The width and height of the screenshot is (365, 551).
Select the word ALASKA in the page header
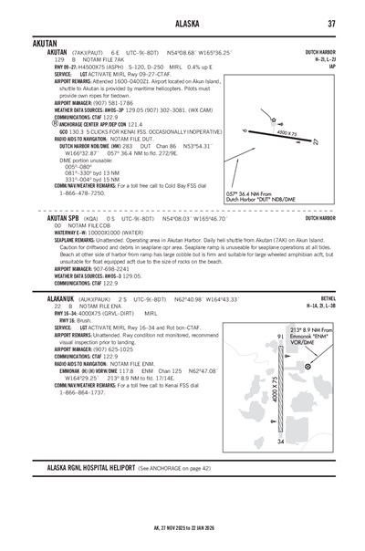182,24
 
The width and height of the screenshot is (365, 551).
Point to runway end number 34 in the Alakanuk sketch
280,442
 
